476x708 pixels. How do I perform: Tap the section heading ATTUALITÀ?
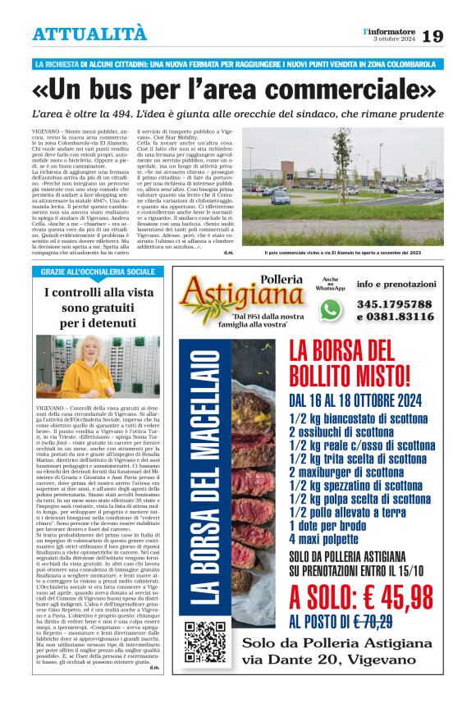click(x=89, y=34)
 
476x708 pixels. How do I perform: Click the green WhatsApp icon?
click(x=330, y=309)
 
